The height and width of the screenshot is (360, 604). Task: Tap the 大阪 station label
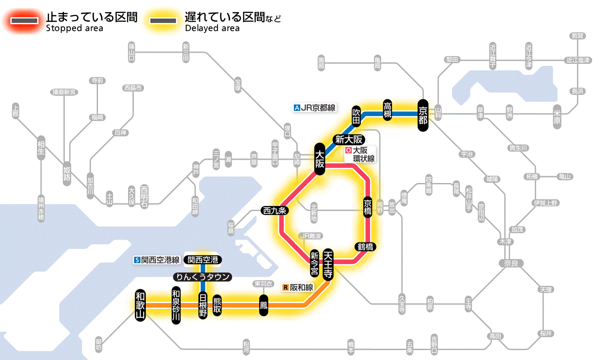coord(319,159)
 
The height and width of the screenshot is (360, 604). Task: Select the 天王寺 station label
coord(328,264)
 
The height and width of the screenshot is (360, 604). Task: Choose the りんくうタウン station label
coord(202,277)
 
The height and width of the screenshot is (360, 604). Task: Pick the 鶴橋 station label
coord(365,247)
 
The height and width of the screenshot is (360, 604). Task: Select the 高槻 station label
coord(387,111)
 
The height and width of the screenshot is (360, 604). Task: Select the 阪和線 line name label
coord(298,287)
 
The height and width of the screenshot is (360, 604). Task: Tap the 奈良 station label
coord(511,263)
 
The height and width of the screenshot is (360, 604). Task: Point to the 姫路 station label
coord(67,174)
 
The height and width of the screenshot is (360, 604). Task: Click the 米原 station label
coord(558,117)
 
